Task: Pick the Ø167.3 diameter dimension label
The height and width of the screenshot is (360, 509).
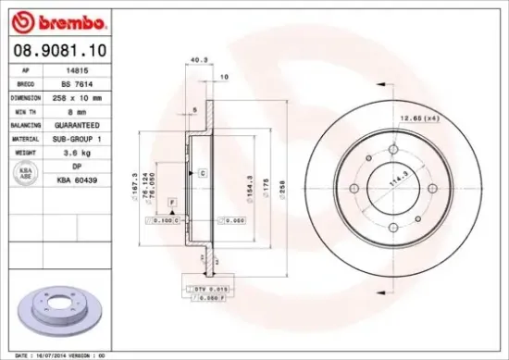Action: click(136, 181)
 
